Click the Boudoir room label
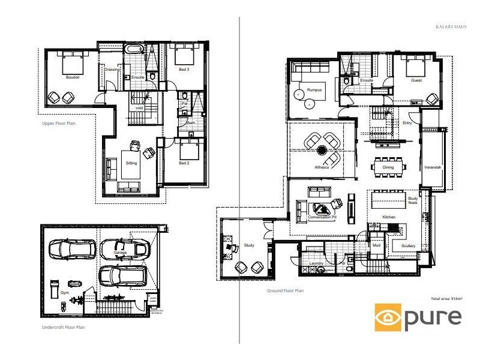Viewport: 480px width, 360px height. pyautogui.click(x=73, y=77)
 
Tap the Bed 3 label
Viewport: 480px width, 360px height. pyautogui.click(x=184, y=70)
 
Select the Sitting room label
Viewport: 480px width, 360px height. pyautogui.click(x=131, y=163)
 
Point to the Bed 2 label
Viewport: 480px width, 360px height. pyautogui.click(x=184, y=163)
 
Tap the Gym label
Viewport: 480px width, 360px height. pyautogui.click(x=65, y=293)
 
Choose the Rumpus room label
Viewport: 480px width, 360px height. pyautogui.click(x=314, y=90)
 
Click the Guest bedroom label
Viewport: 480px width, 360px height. pyautogui.click(x=416, y=80)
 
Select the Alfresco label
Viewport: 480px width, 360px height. pyautogui.click(x=322, y=167)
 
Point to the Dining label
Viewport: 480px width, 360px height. pyautogui.click(x=388, y=167)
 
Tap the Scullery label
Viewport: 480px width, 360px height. pyautogui.click(x=400, y=246)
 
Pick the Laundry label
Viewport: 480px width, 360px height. pyautogui.click(x=316, y=263)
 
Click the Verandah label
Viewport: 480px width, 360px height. pyautogui.click(x=433, y=167)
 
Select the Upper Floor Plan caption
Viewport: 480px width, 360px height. pyautogui.click(x=58, y=124)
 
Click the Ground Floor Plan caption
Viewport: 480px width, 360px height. pyautogui.click(x=286, y=291)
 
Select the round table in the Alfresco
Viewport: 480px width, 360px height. pyautogui.click(x=322, y=150)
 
